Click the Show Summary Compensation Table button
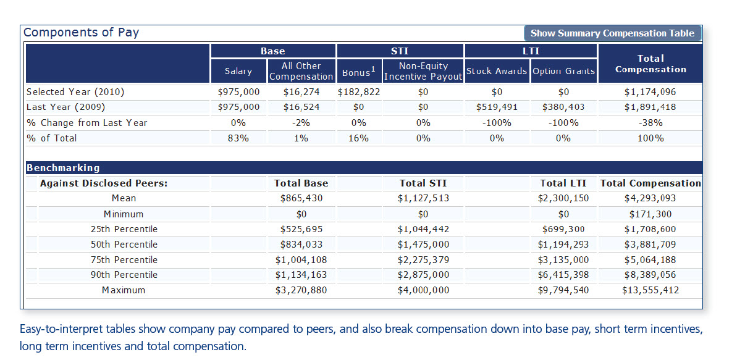[612, 33]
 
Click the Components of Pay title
[81, 33]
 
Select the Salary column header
[238, 71]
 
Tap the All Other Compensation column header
[301, 71]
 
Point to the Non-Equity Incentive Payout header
[423, 71]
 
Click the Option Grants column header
[563, 71]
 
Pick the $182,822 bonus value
[359, 92]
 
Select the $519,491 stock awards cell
[497, 107]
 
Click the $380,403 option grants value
[563, 107]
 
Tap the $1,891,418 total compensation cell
[650, 107]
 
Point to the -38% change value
[650, 123]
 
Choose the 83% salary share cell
[238, 138]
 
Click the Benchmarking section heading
[63, 168]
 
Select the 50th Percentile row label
[124, 245]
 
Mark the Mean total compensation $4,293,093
[650, 198]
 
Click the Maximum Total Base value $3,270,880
[301, 290]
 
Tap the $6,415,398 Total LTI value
[563, 275]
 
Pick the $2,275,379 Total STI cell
[423, 260]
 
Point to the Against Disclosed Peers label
[104, 183]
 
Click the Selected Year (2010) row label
[75, 92]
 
